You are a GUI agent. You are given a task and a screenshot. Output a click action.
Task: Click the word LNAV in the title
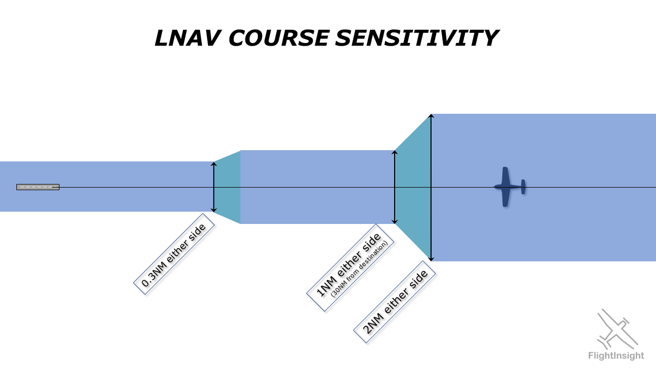[x=188, y=38]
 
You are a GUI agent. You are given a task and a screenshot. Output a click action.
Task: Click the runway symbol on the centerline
[x=38, y=187]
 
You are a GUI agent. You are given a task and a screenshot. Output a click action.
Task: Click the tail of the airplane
[x=523, y=187]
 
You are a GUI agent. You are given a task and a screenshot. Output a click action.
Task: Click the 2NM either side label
[x=395, y=301]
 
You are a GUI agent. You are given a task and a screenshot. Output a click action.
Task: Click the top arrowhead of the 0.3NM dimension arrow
[x=214, y=164]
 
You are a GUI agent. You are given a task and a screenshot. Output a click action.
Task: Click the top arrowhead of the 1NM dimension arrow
[x=395, y=153]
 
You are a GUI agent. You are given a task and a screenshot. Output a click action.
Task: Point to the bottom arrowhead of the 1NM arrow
[x=395, y=221]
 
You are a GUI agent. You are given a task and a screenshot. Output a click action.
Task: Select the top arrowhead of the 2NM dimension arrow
[x=432, y=116]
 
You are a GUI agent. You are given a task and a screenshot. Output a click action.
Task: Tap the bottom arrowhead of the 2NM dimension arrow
[x=432, y=259]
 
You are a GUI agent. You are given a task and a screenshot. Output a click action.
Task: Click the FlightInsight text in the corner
[x=616, y=356]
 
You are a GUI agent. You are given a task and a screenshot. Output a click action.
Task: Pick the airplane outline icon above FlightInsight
[x=618, y=328]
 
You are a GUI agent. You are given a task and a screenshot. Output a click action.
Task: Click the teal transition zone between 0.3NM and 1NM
[x=228, y=187]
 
